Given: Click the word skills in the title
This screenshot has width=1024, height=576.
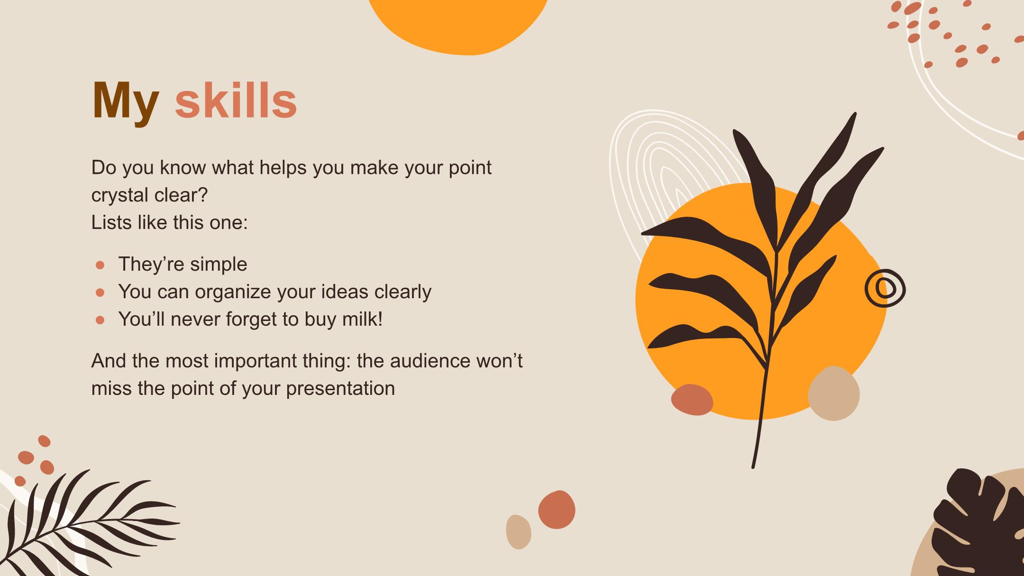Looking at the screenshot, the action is click(236, 100).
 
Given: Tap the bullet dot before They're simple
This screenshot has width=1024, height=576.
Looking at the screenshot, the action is click(100, 265).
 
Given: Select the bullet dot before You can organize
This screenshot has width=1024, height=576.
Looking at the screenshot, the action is click(100, 293).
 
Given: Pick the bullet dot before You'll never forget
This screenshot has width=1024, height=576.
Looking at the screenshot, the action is click(100, 320).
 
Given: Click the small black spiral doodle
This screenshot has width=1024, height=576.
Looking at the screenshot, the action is click(885, 288).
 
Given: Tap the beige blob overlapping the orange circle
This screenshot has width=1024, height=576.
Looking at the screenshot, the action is click(833, 393).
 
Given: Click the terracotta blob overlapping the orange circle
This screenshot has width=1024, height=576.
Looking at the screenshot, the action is click(692, 400).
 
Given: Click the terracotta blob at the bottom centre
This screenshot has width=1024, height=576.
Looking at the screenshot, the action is click(557, 510).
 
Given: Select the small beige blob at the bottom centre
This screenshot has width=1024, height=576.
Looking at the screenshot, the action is click(519, 532).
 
